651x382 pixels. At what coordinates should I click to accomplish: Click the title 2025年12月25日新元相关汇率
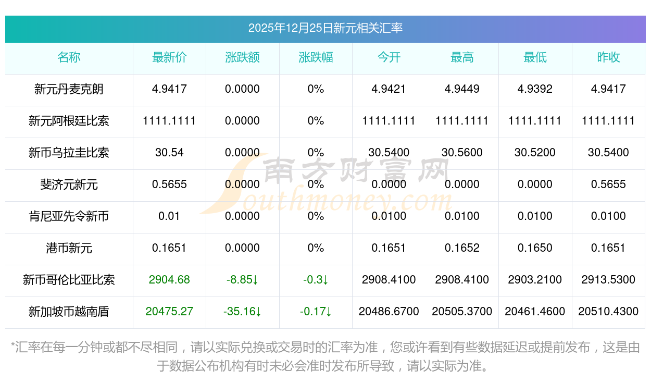325,28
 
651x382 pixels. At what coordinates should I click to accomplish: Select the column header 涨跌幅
316,57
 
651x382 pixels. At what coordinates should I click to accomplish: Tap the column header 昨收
608,57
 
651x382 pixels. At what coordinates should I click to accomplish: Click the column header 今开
389,57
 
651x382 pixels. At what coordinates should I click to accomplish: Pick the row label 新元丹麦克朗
69,89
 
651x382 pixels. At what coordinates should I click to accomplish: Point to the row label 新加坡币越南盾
69,312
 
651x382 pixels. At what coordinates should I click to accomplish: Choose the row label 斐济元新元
69,184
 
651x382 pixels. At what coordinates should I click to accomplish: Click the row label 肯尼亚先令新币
69,216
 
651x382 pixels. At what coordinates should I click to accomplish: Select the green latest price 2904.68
169,280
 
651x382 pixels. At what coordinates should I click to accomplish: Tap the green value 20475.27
169,312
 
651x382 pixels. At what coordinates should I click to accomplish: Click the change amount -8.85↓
242,280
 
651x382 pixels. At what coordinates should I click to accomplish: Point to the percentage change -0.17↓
316,312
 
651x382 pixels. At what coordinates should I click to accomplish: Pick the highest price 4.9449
462,89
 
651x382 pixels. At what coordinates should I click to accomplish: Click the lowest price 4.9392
535,89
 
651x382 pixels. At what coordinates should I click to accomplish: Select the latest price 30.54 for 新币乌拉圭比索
169,153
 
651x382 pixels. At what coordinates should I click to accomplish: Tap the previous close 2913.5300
608,280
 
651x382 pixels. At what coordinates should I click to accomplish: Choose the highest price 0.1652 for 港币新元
462,248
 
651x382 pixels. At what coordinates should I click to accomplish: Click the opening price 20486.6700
389,312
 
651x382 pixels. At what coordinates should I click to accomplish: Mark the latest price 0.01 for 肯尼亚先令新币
169,216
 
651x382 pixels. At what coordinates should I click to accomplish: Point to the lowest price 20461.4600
535,312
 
